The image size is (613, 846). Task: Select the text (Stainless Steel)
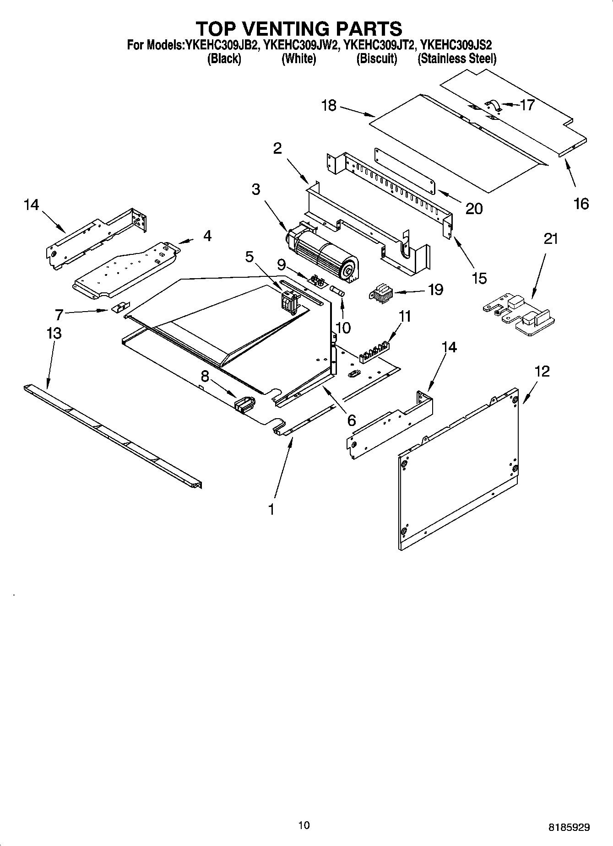pyautogui.click(x=456, y=59)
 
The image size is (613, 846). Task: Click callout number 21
pyautogui.click(x=551, y=238)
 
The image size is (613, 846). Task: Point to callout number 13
pyautogui.click(x=54, y=333)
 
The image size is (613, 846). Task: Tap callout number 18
pyautogui.click(x=329, y=106)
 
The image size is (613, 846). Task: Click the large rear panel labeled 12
pyautogui.click(x=458, y=467)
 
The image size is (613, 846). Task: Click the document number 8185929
pyautogui.click(x=569, y=827)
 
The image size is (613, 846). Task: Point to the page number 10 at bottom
pyautogui.click(x=304, y=825)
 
